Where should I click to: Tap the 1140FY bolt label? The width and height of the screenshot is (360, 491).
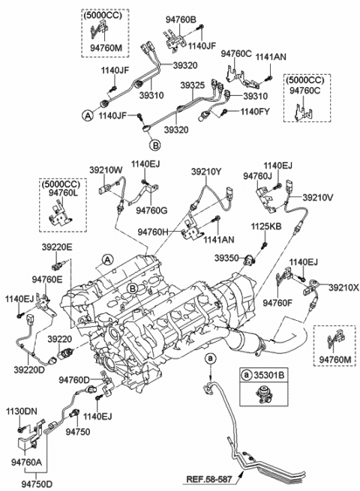(x=256, y=112)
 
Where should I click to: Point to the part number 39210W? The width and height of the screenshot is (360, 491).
(x=106, y=170)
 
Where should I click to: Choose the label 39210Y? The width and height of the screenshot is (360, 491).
(x=205, y=172)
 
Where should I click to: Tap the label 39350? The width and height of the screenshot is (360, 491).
(x=228, y=256)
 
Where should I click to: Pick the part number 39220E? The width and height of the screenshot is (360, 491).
(x=56, y=247)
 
